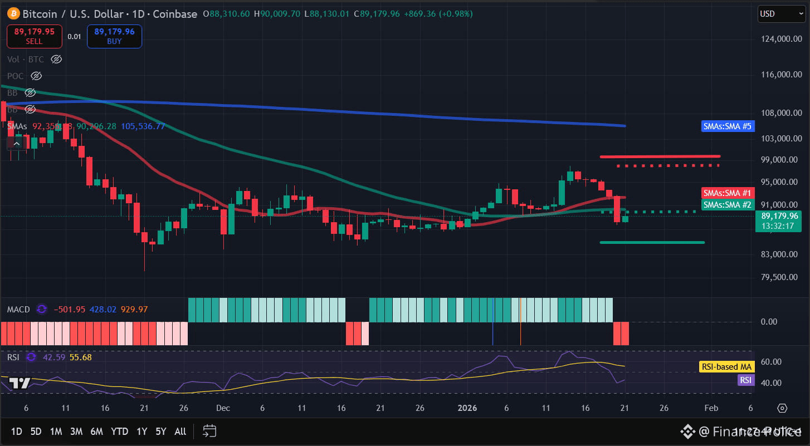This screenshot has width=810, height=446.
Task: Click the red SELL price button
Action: pyautogui.click(x=34, y=36)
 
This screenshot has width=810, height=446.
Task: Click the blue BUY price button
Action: pyautogui.click(x=114, y=36)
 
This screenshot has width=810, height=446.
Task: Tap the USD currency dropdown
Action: pyautogui.click(x=780, y=14)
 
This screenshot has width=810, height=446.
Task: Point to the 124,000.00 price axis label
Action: pyautogui.click(x=781, y=39)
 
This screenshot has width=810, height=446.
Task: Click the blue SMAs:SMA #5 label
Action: pyautogui.click(x=728, y=126)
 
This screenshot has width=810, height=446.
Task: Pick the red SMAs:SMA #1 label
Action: pyautogui.click(x=728, y=193)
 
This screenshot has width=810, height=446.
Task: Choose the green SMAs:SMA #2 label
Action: pyautogui.click(x=728, y=204)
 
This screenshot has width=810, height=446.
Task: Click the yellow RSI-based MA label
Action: pyautogui.click(x=726, y=367)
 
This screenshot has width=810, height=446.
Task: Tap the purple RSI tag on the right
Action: pyautogui.click(x=745, y=380)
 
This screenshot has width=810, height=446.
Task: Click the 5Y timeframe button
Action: pyautogui.click(x=161, y=432)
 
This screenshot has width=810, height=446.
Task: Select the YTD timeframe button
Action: pyautogui.click(x=119, y=432)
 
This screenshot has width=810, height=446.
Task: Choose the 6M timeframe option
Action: pyautogui.click(x=96, y=432)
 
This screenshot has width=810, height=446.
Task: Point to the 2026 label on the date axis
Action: pyautogui.click(x=467, y=408)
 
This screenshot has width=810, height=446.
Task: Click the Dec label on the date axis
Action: pyautogui.click(x=223, y=408)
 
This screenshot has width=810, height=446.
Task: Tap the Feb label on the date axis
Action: pyautogui.click(x=711, y=408)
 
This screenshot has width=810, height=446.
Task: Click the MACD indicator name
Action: pyautogui.click(x=18, y=309)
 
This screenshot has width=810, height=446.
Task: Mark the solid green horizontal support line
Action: pyautogui.click(x=652, y=242)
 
